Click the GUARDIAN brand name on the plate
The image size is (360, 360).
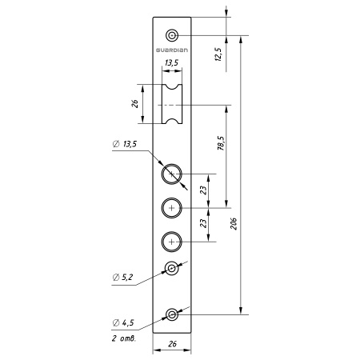coord(172,50)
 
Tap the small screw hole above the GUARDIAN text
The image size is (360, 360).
coord(172,35)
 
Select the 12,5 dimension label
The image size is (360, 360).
coord(218,54)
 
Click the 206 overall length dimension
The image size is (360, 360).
coord(234,224)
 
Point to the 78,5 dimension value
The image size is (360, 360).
coord(221,143)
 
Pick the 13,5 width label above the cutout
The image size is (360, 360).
coord(171,63)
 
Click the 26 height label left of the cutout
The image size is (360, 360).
coord(135,104)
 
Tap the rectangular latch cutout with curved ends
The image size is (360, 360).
coord(172,104)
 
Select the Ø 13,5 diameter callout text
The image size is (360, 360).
coord(125,144)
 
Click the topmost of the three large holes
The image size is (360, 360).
coord(172,174)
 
